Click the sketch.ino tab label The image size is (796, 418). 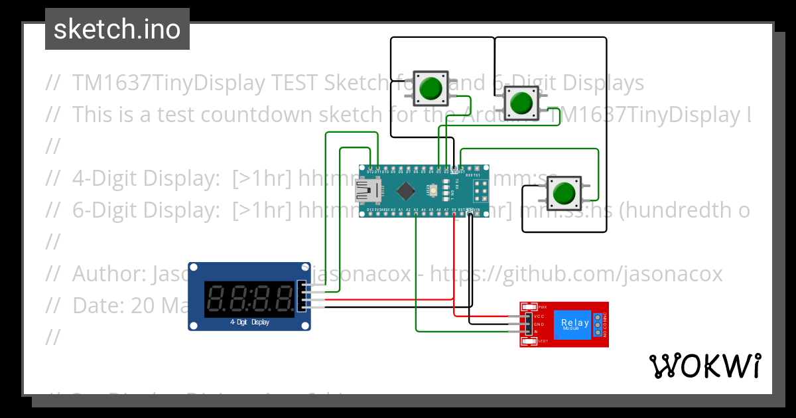pyautogui.click(x=117, y=29)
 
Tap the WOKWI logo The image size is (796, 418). pyautogui.click(x=704, y=366)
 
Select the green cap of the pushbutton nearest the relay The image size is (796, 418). pyautogui.click(x=564, y=193)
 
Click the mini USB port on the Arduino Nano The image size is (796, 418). pyautogui.click(x=365, y=191)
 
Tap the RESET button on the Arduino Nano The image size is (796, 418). pyautogui.click(x=432, y=191)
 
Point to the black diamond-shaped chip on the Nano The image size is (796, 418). pyautogui.click(x=404, y=191)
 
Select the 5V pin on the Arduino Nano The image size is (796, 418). pyautogui.click(x=454, y=210)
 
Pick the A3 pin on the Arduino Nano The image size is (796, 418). pyautogui.click(x=416, y=210)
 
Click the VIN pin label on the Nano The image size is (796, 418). pyautogui.click(x=477, y=210)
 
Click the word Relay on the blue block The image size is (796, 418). pyautogui.click(x=574, y=322)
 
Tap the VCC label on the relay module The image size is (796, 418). pyautogui.click(x=539, y=316)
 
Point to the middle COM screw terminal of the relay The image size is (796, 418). pyautogui.click(x=598, y=324)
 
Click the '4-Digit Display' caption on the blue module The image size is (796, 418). pyautogui.click(x=249, y=322)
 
